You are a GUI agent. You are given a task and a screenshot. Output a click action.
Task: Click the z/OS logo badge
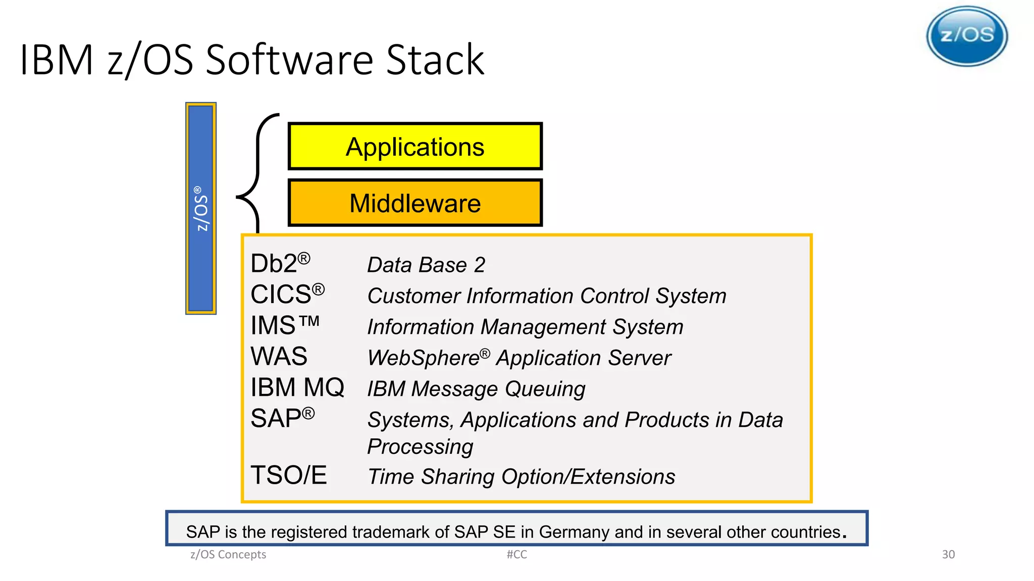click(x=967, y=36)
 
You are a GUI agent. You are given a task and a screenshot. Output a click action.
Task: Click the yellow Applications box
click(x=415, y=146)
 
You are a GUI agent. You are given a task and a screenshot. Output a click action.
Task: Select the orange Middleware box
click(x=415, y=203)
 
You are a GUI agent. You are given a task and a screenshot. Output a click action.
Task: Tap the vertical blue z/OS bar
click(x=201, y=208)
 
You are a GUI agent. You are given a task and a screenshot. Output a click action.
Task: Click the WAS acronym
click(x=279, y=357)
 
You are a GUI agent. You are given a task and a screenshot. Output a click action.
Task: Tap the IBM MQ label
click(x=297, y=387)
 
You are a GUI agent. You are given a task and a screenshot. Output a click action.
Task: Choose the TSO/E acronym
click(x=288, y=475)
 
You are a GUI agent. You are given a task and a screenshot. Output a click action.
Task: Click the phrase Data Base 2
click(x=426, y=265)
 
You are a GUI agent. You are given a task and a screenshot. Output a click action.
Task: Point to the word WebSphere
click(x=423, y=358)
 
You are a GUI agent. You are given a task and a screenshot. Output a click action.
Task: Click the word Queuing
click(x=545, y=389)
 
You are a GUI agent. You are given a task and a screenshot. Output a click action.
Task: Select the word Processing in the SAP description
click(x=420, y=447)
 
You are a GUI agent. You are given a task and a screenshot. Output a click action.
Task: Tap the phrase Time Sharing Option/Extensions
click(x=521, y=477)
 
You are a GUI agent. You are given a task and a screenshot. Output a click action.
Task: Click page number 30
click(x=948, y=555)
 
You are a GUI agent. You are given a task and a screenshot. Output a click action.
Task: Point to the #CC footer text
click(x=516, y=555)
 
